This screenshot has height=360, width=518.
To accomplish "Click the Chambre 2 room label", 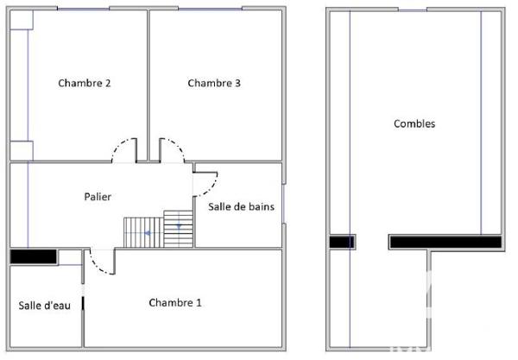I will coord(84,84).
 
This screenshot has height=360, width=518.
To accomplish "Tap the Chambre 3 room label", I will coord(214,84).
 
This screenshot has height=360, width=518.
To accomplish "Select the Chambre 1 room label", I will coord(175,303).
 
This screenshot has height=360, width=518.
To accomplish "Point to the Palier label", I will coord(98,198).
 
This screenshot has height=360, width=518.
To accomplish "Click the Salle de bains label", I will coord(242,206).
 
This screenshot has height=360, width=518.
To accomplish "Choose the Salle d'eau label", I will coord(44,306).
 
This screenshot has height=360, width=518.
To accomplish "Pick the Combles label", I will coord(414,123).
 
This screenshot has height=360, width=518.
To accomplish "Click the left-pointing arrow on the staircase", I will coord(149,233).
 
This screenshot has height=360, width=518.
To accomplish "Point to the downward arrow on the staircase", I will coord(179,224).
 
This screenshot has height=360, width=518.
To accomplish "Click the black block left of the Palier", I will coord(33,256).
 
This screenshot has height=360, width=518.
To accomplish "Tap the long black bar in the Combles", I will coord(445,242).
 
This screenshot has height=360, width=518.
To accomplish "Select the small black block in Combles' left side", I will coord(341,243).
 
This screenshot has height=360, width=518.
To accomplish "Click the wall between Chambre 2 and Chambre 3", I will coord(148,82).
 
